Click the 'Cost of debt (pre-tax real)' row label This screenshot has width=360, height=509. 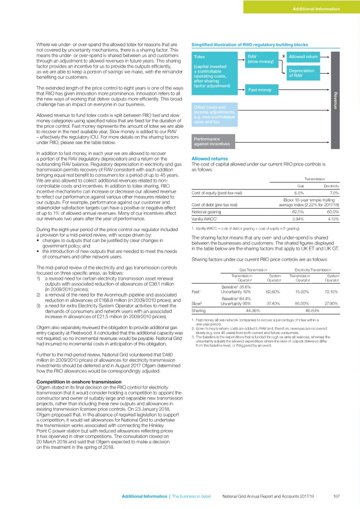[214, 205]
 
